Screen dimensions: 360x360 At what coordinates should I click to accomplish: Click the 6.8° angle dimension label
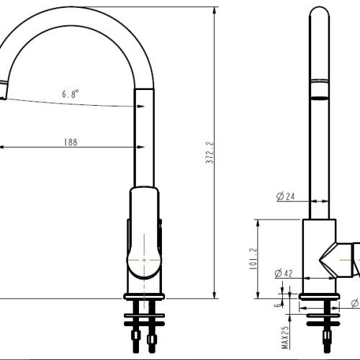click(x=70, y=94)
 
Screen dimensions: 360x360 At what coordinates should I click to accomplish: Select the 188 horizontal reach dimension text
click(x=70, y=142)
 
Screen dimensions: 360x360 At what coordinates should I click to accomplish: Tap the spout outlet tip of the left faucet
click(x=4, y=92)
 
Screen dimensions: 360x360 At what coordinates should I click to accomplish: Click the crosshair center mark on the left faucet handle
click(x=144, y=258)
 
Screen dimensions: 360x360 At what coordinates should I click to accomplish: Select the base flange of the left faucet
click(x=145, y=296)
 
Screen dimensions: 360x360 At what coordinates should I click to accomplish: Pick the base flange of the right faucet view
click(x=320, y=296)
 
